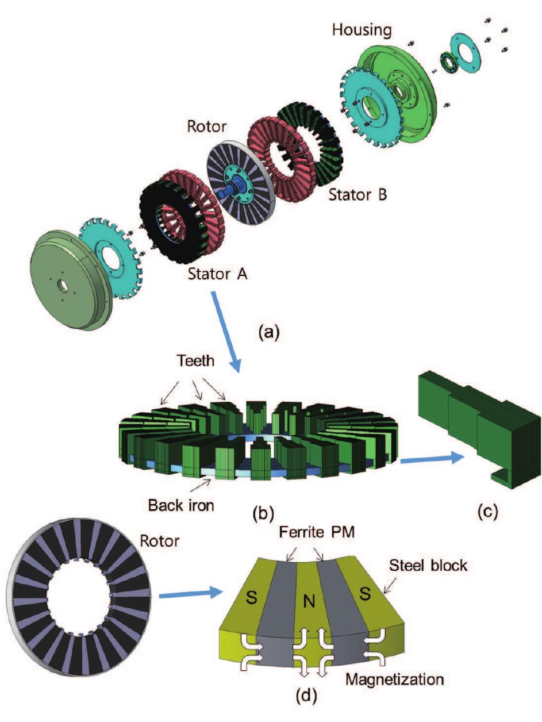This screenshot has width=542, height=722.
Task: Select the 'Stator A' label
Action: point(218,274)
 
